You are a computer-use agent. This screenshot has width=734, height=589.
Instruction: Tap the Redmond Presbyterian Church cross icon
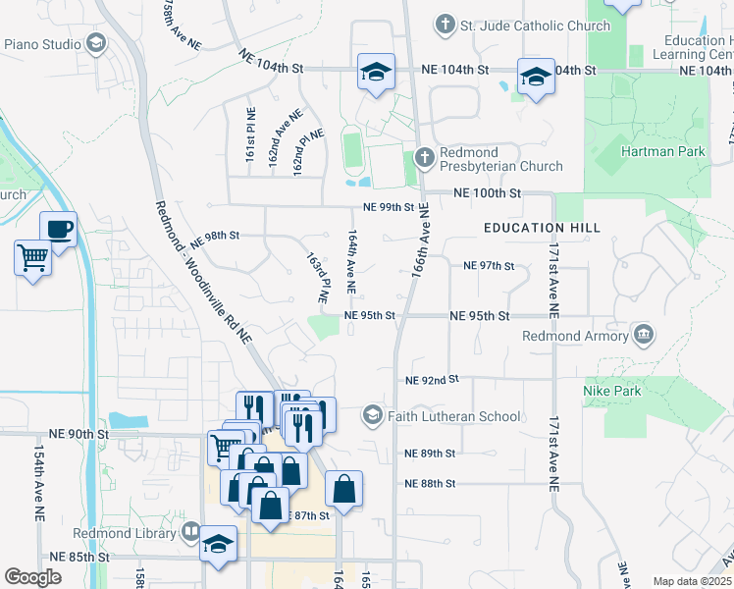[425, 156]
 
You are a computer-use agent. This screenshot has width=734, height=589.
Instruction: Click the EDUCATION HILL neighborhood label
[542, 228]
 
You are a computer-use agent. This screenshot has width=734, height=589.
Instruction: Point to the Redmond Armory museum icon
[643, 335]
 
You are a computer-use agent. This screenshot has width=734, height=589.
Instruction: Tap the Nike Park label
[612, 391]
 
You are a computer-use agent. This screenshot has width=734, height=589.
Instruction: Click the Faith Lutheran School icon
[372, 415]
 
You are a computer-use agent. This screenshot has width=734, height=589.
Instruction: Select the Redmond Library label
[125, 534]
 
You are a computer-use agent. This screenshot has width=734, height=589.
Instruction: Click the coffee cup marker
[59, 230]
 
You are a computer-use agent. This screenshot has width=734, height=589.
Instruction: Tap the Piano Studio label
[43, 43]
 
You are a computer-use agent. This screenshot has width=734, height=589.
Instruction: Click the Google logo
[32, 577]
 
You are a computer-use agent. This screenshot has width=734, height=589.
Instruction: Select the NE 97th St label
[489, 266]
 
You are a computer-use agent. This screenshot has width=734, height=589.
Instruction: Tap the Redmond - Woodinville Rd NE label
[204, 271]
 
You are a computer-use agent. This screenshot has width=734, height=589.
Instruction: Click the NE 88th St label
[430, 483]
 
